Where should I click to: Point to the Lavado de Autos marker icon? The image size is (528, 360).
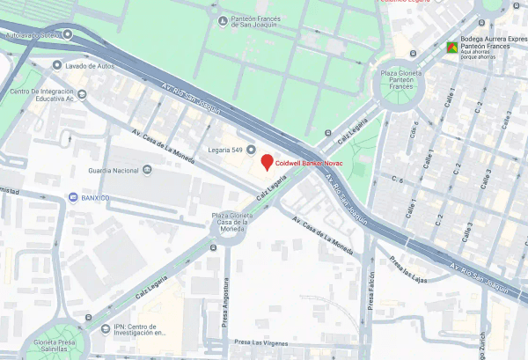(x=58, y=65)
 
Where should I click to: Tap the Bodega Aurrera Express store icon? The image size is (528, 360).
(x=451, y=47)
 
